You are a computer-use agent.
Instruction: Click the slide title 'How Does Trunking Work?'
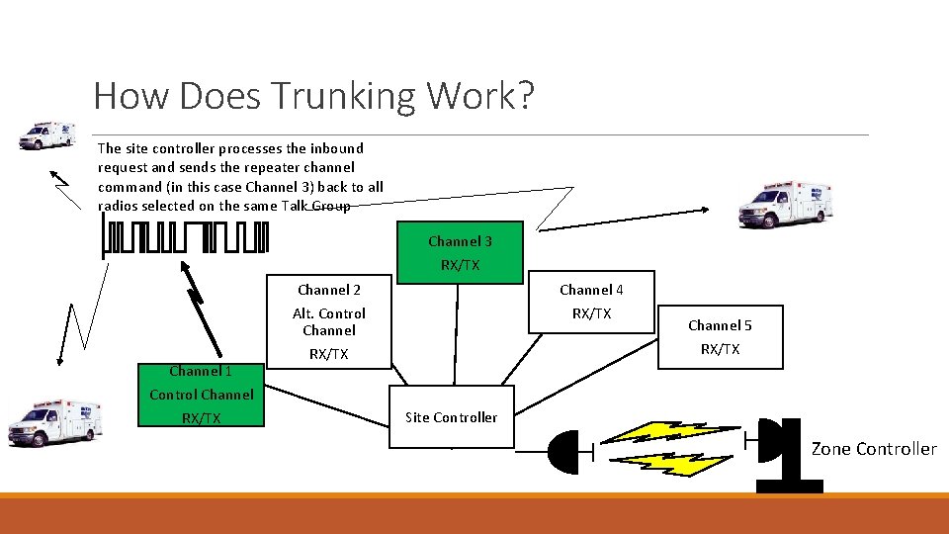point(313,96)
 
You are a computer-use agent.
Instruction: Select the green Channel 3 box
point(460,252)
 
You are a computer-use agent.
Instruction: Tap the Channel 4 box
point(591,302)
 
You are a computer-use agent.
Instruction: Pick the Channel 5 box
point(720,337)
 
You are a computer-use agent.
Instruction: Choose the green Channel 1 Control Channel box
point(202,395)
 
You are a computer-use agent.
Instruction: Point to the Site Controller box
point(451,417)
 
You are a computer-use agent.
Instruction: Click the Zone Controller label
point(874,449)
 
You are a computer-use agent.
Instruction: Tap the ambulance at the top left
point(46,135)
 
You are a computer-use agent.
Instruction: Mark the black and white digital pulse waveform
point(185,238)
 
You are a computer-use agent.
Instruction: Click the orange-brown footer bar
point(474,513)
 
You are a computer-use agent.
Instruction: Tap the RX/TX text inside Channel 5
point(720,349)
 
